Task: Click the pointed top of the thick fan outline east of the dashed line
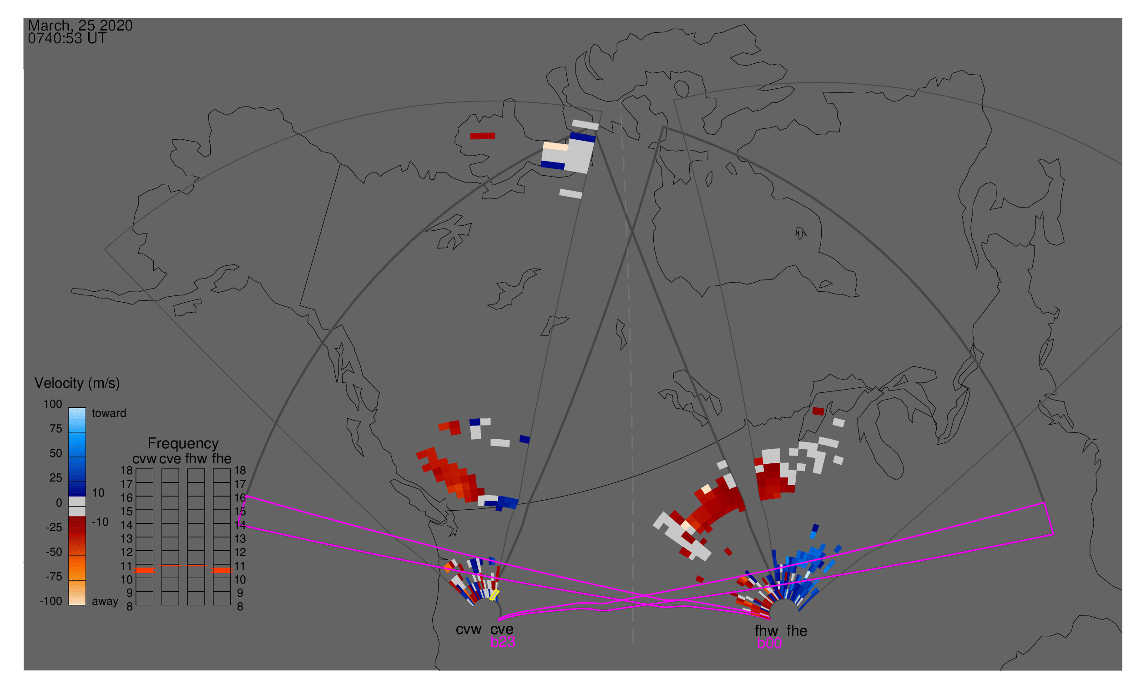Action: click(663, 127)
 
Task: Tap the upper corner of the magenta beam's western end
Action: click(247, 496)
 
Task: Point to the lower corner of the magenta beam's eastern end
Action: click(1054, 534)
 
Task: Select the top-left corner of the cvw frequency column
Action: click(136, 469)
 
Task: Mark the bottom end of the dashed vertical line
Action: click(632, 643)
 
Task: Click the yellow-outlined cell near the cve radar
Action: click(494, 595)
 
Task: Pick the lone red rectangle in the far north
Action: click(482, 136)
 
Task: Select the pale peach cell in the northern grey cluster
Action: click(555, 147)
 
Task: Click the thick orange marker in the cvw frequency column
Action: click(144, 570)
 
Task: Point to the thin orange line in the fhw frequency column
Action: click(196, 566)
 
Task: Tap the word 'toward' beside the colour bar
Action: click(109, 413)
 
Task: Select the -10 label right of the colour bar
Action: click(100, 522)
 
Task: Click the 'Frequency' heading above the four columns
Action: click(183, 444)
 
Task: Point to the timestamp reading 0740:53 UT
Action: click(67, 39)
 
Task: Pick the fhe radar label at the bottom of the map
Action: click(797, 631)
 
